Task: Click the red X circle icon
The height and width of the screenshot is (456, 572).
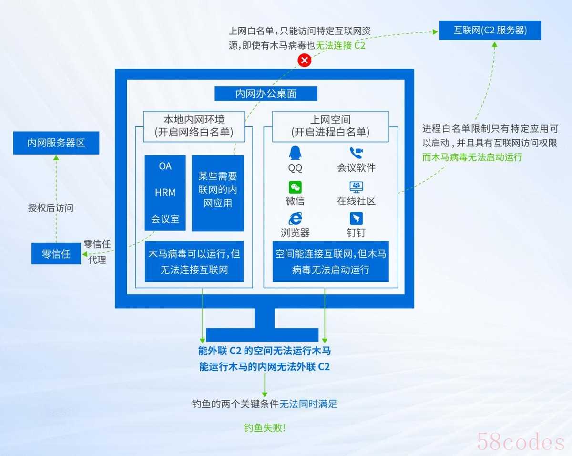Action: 305,60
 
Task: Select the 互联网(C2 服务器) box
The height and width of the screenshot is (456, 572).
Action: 490,30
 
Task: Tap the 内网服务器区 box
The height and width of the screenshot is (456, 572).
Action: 56,143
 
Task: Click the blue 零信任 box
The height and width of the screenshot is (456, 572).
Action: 56,254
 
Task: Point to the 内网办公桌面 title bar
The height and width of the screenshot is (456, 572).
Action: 266,93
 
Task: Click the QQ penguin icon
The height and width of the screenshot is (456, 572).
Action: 295,153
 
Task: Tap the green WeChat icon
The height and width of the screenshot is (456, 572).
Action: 295,187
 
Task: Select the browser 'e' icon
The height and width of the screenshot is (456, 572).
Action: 296,218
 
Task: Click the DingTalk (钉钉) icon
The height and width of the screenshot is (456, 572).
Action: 356,218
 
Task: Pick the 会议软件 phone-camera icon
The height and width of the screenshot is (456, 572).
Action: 356,153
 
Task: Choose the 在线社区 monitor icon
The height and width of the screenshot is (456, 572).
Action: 356,187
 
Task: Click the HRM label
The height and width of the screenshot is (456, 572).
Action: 165,192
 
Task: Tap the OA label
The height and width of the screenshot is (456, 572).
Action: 165,166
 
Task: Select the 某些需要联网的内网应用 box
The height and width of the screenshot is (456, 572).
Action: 218,193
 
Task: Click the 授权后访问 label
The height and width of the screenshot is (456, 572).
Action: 51,208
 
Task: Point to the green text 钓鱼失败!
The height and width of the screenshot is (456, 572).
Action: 265,428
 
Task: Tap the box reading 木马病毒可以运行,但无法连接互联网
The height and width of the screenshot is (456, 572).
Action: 194,261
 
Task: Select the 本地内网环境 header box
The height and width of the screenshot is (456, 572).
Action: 194,126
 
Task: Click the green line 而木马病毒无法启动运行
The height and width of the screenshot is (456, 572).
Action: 472,157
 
